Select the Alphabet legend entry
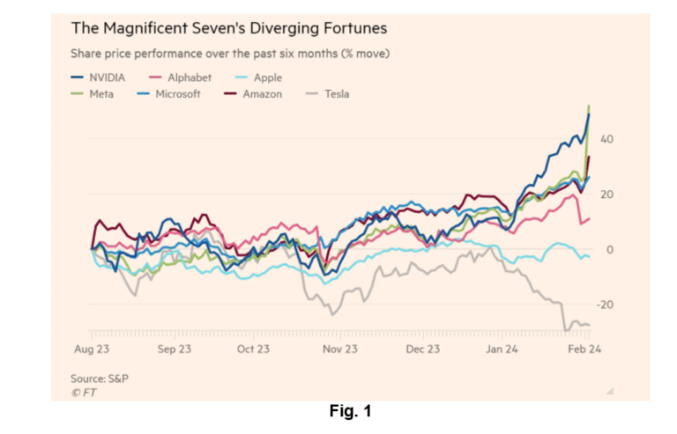click(x=182, y=77)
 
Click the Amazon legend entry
click(x=262, y=93)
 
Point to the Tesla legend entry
click(x=335, y=93)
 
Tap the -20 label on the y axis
click(x=604, y=305)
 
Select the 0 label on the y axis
click(x=609, y=250)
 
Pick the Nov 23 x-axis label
click(x=339, y=349)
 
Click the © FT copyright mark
click(x=84, y=392)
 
